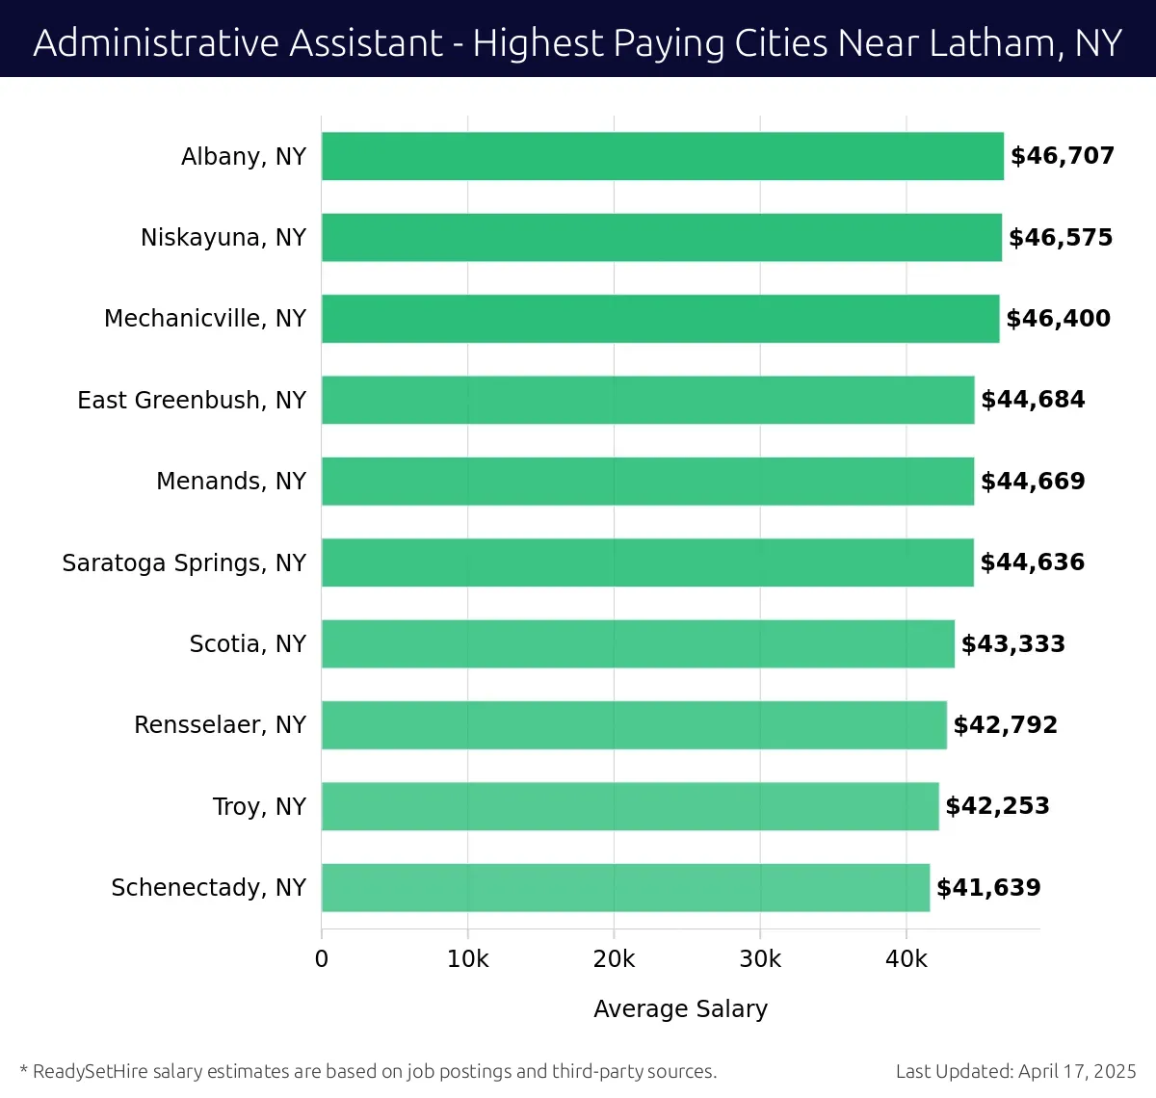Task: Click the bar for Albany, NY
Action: (x=663, y=156)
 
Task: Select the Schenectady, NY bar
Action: (x=625, y=887)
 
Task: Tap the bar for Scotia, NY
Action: (x=638, y=643)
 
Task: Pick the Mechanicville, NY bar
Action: (x=660, y=319)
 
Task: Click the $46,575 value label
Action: (x=1061, y=238)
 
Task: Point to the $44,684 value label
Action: (x=1033, y=400)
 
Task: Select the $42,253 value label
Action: (x=997, y=806)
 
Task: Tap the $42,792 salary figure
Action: (x=1005, y=725)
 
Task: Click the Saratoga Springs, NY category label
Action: (x=184, y=562)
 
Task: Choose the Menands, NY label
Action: (x=231, y=481)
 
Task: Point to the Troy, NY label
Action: (x=259, y=806)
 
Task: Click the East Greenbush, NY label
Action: (x=192, y=400)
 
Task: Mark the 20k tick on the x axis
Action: (x=614, y=959)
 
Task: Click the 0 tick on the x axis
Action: (x=322, y=959)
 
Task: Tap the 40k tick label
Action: (x=906, y=959)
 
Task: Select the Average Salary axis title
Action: (x=680, y=1008)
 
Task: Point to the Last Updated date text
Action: (x=1015, y=1071)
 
